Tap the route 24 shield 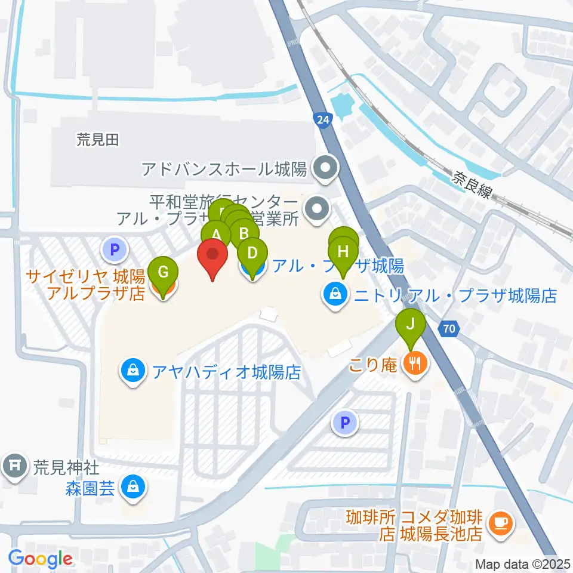pyautogui.click(x=323, y=120)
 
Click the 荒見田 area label pyautogui.click(x=98, y=140)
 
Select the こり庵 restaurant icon pyautogui.click(x=416, y=362)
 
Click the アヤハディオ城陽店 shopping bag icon pyautogui.click(x=132, y=371)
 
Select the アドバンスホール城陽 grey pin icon pyautogui.click(x=326, y=170)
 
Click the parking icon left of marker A pyautogui.click(x=115, y=249)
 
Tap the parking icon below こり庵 pyautogui.click(x=345, y=423)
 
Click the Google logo pyautogui.click(x=41, y=559)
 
